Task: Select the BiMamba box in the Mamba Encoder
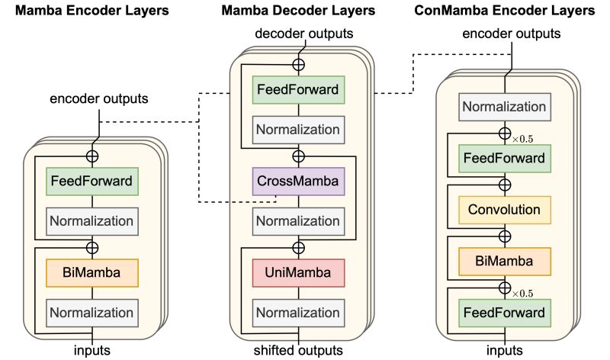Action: coord(92,272)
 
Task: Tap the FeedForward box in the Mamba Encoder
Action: coord(92,182)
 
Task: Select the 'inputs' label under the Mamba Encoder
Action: coord(92,351)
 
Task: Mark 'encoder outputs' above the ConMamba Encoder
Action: coord(512,34)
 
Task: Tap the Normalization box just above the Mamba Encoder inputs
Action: coord(92,313)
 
